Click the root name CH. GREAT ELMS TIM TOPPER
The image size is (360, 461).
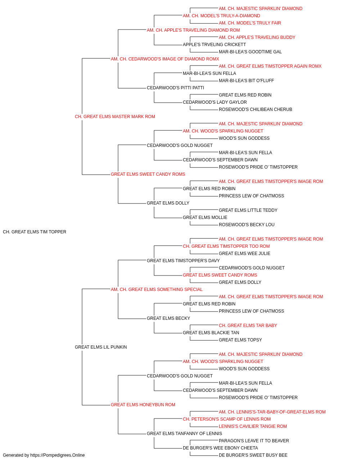(x=35, y=232)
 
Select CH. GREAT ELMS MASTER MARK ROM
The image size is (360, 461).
(x=115, y=117)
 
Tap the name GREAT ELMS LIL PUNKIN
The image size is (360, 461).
(x=101, y=347)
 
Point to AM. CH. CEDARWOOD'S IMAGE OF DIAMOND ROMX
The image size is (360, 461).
(x=165, y=59)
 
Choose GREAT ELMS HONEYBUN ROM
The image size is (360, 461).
(x=143, y=405)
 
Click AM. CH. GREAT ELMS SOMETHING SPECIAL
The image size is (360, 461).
(x=157, y=290)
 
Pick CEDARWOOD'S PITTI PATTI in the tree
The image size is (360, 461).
(x=176, y=88)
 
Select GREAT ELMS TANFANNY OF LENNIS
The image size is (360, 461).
(x=184, y=434)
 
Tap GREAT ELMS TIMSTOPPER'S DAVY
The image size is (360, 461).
(x=183, y=261)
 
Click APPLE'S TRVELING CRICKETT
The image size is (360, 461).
(x=214, y=45)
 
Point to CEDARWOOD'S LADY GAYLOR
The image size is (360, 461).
(x=215, y=102)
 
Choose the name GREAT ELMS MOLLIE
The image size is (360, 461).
(x=205, y=218)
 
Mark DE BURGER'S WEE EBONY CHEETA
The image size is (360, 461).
(x=220, y=448)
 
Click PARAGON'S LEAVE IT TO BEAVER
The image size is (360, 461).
(x=254, y=441)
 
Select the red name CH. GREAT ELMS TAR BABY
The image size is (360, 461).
(x=248, y=326)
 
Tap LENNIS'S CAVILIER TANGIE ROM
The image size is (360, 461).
(x=253, y=426)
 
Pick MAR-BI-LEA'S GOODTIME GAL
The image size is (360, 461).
(x=250, y=52)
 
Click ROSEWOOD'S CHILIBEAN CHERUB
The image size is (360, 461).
(x=256, y=109)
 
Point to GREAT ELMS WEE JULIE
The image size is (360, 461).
(x=244, y=254)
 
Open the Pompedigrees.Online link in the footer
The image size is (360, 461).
(x=58, y=455)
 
